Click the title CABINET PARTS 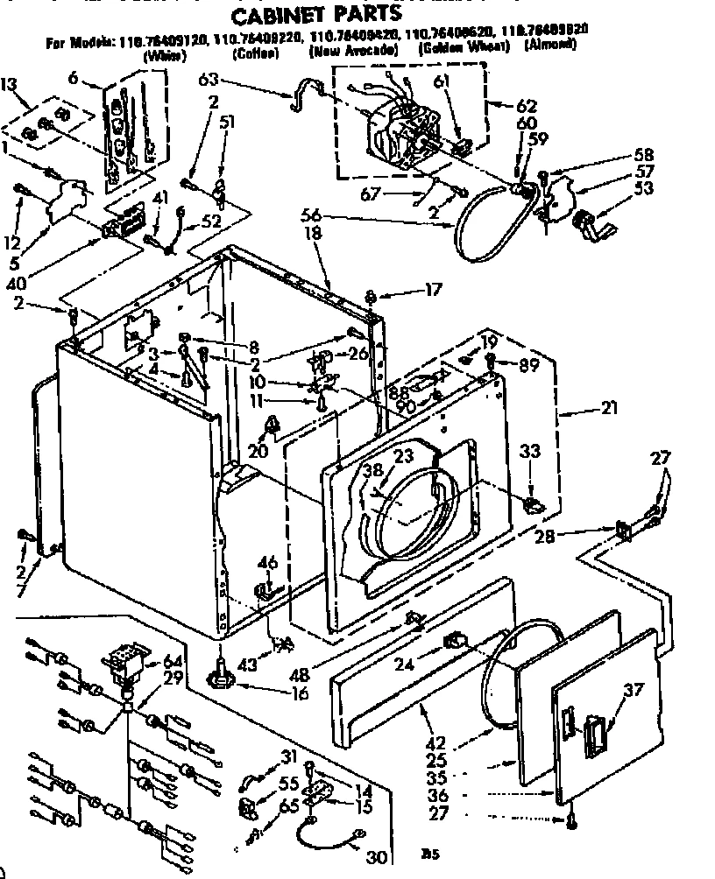pos(316,12)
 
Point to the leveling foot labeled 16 pos(221,676)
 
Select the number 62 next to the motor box pos(527,106)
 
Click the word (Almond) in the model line pos(549,43)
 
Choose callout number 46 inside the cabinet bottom pos(267,563)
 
